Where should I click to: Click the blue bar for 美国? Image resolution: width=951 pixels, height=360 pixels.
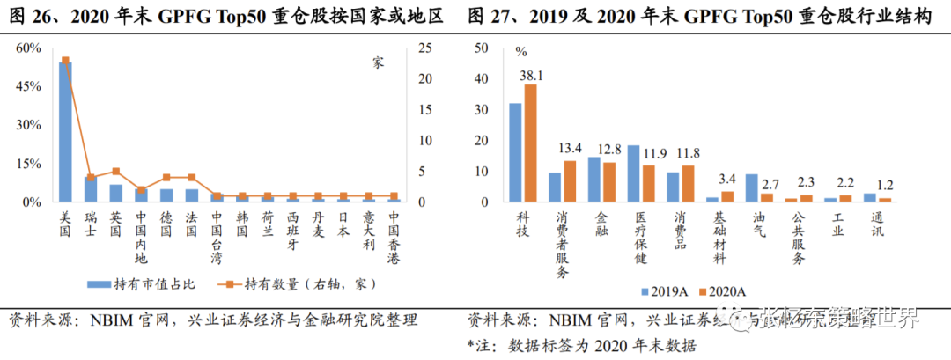coord(65,132)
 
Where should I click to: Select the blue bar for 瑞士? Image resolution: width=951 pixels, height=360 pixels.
coord(91,189)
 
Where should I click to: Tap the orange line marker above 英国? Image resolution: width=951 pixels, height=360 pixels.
coord(116,171)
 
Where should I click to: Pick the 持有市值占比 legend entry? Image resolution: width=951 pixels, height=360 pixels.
coord(141,283)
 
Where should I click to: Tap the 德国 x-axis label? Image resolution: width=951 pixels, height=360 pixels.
coord(166,220)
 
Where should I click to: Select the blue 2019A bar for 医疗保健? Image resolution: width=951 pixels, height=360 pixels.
coord(633,173)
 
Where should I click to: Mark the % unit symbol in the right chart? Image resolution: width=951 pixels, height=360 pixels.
coord(520,53)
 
